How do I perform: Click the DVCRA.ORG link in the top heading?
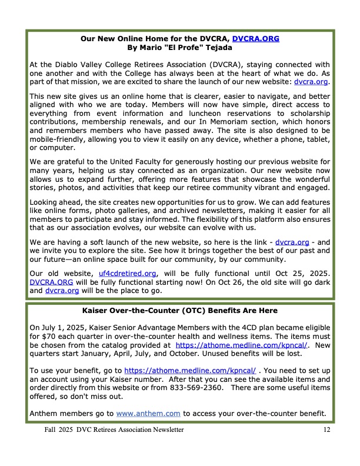(256, 38)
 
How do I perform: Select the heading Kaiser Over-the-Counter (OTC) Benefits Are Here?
(179, 310)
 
